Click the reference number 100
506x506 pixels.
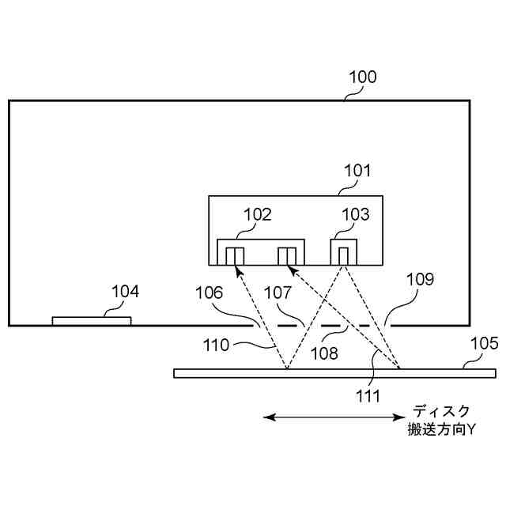coord(362,77)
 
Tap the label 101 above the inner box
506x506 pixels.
coord(357,171)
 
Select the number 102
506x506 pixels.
coord(257,214)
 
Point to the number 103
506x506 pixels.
coord(356,214)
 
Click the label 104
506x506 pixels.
coord(125,292)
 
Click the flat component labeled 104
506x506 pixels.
coord(92,320)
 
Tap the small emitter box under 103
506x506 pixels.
coord(344,255)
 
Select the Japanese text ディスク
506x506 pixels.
coord(442,411)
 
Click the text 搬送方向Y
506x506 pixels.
coord(442,430)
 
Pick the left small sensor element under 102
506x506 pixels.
coord(236,255)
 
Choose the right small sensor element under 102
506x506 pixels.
coord(286,255)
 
